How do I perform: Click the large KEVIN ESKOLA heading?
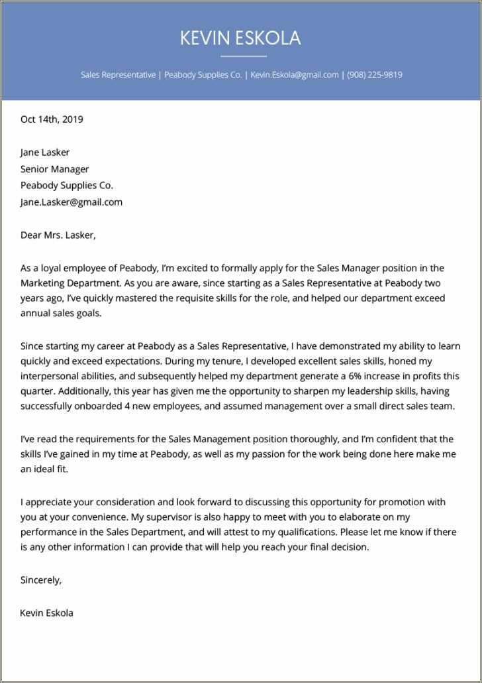tap(240, 38)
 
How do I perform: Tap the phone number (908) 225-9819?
tap(374, 75)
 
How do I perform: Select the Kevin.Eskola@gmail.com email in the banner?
tap(295, 75)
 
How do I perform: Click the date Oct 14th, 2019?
tap(52, 119)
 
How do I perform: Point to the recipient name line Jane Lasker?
tap(45, 153)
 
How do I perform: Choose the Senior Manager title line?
tap(54, 169)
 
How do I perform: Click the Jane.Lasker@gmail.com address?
tap(72, 202)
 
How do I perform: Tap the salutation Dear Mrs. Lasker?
tap(58, 235)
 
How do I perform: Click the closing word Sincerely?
tap(41, 580)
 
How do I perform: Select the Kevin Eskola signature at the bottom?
tap(46, 613)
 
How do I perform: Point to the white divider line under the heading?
tap(243, 56)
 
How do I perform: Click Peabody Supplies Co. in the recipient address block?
tap(67, 186)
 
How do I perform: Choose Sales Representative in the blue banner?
tap(118, 75)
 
